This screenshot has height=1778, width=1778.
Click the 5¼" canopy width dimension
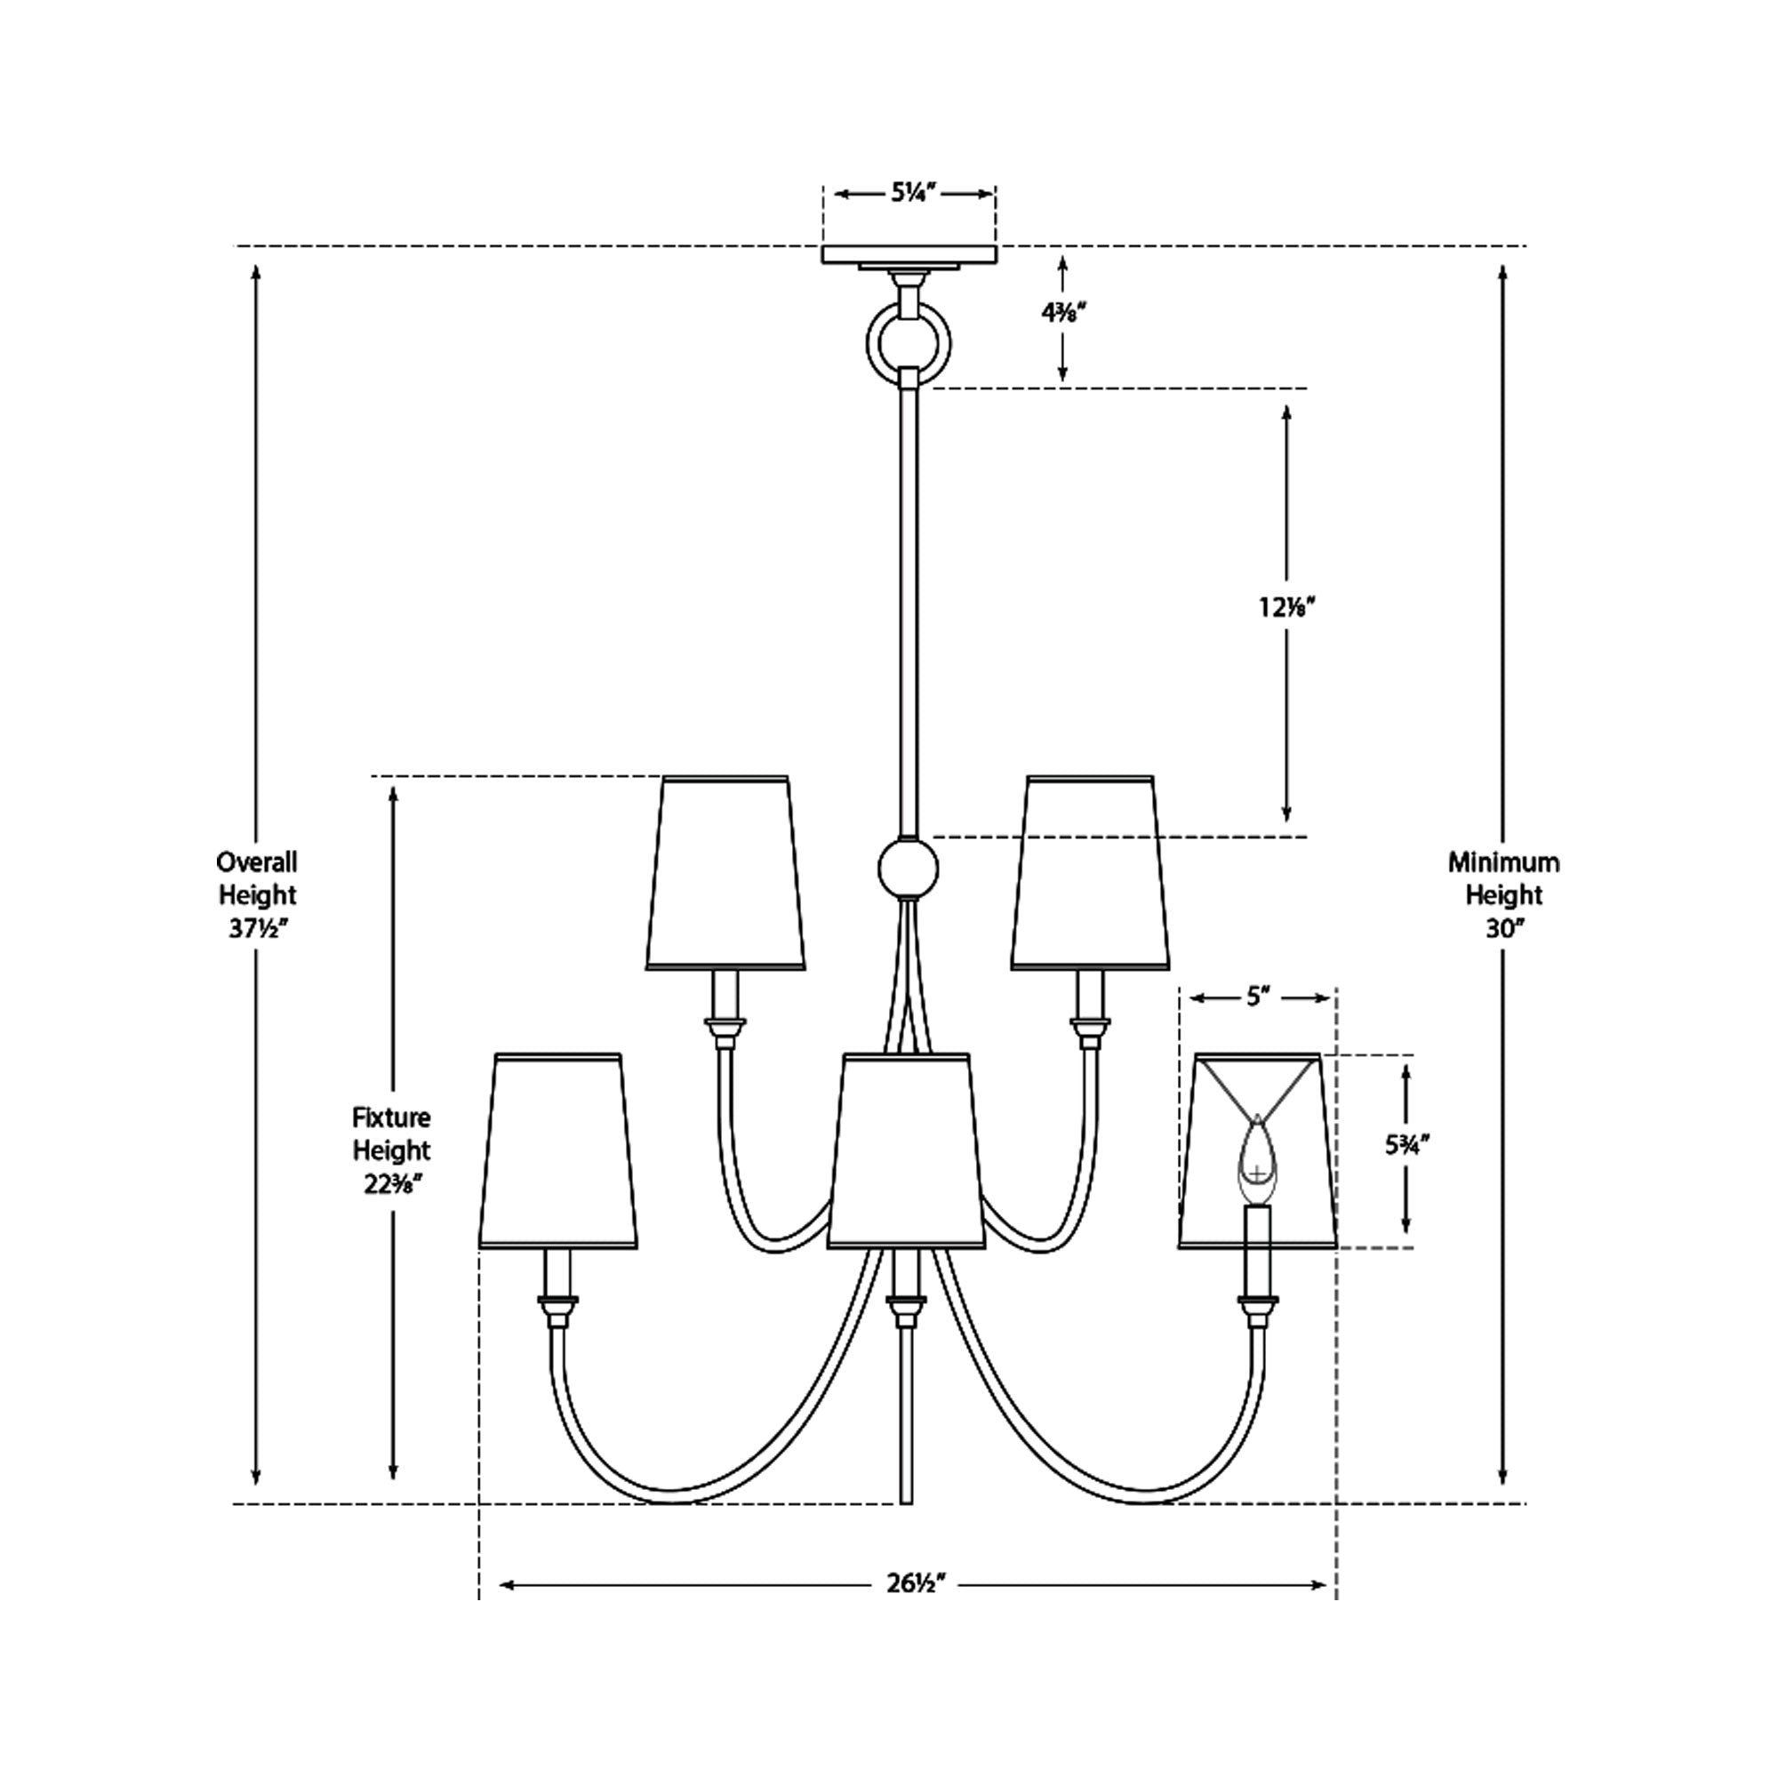pos(912,193)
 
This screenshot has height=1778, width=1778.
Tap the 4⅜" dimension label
pos(1064,312)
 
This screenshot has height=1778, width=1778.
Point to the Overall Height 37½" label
pos(257,895)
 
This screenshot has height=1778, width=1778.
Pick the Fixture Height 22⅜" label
pos(392,1150)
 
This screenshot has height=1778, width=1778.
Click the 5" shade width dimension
pos(1258,997)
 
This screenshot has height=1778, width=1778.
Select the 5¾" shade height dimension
pos(1406,1145)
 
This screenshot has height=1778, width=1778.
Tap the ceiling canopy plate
pos(909,255)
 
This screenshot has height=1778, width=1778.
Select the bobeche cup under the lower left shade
pos(558,1304)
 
